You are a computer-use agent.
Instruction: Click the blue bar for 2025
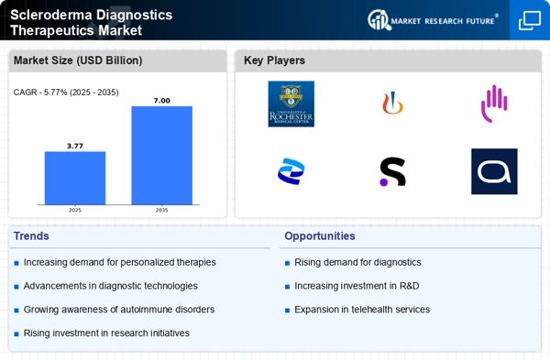pos(75,178)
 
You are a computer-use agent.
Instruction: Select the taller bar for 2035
pos(161,156)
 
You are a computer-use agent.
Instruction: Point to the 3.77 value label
pos(75,146)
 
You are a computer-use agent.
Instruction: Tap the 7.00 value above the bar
pos(161,101)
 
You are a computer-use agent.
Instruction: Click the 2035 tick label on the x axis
pos(161,210)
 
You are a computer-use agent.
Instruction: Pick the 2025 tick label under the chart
pos(75,210)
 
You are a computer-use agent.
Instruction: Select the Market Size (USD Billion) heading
pos(78,60)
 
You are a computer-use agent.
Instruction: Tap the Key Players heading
pos(274,60)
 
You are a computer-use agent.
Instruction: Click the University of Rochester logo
pos(291,104)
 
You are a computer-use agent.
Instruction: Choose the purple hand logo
pos(494,104)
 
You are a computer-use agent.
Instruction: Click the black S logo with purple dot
pos(392,171)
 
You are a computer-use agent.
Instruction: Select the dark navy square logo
pos(494,171)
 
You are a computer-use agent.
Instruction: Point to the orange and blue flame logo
pos(392,104)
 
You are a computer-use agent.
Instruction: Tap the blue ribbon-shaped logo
pos(291,171)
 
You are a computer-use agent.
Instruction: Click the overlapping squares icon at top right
pos(530,20)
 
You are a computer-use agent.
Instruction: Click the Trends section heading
pos(31,236)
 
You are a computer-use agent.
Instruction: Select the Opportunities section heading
pos(320,236)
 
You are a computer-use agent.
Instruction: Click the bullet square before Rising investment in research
pos(16,334)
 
